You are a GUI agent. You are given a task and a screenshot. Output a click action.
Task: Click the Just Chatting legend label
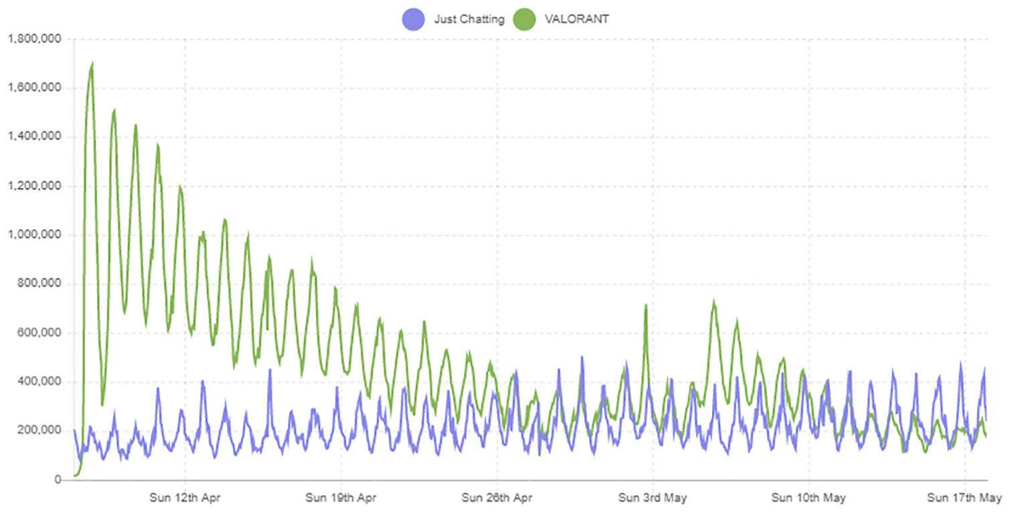468,19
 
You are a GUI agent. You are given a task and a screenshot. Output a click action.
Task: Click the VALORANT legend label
576,19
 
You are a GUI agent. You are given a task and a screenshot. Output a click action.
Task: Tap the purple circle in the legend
413,19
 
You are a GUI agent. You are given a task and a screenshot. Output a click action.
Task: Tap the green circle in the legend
524,19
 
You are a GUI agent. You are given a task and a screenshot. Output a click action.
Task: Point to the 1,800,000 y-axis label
34,39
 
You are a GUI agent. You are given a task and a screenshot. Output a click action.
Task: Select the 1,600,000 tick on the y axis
34,88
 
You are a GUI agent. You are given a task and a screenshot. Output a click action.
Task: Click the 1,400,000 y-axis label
34,137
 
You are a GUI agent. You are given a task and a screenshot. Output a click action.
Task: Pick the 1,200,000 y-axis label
34,186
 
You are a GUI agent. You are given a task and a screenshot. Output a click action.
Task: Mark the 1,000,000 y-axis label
34,235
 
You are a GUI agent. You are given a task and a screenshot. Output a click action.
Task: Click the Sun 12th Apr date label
185,498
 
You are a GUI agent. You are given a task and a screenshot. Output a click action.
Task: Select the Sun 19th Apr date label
341,498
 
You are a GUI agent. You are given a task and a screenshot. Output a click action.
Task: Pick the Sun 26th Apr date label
497,498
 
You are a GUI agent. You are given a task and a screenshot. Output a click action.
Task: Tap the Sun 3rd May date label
653,498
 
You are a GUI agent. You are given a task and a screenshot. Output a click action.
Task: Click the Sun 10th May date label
808,498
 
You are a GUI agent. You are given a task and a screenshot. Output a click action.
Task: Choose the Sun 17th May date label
964,498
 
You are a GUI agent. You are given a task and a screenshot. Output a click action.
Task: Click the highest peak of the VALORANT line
92,64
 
